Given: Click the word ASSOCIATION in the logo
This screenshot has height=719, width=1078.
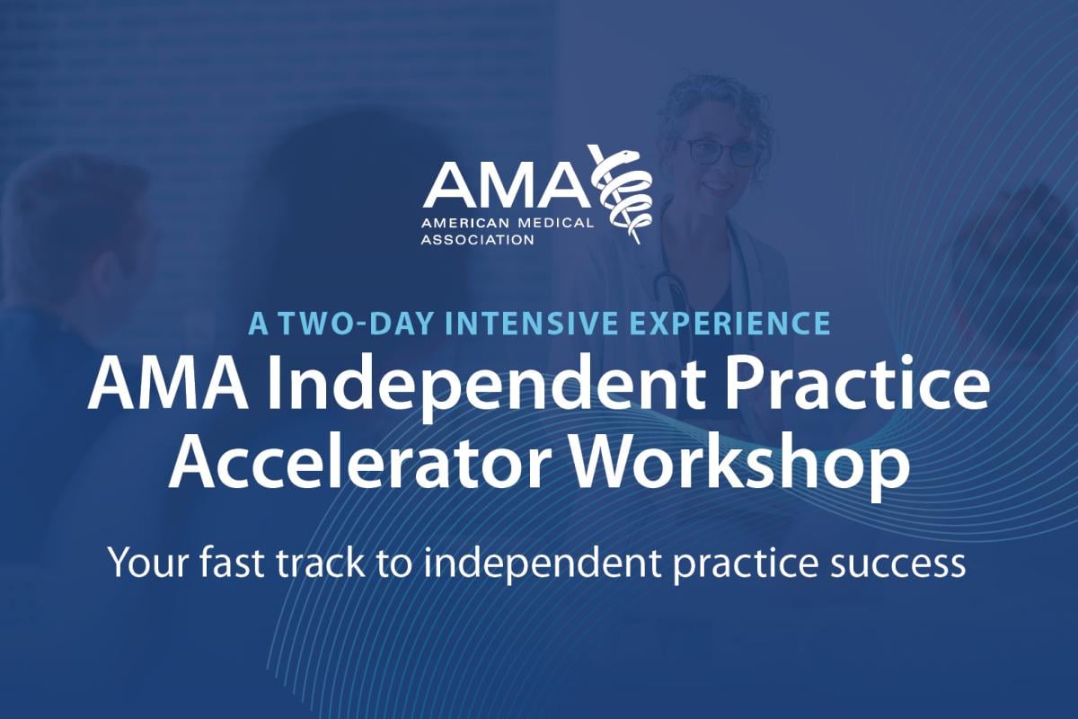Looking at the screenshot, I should pos(479,240).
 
